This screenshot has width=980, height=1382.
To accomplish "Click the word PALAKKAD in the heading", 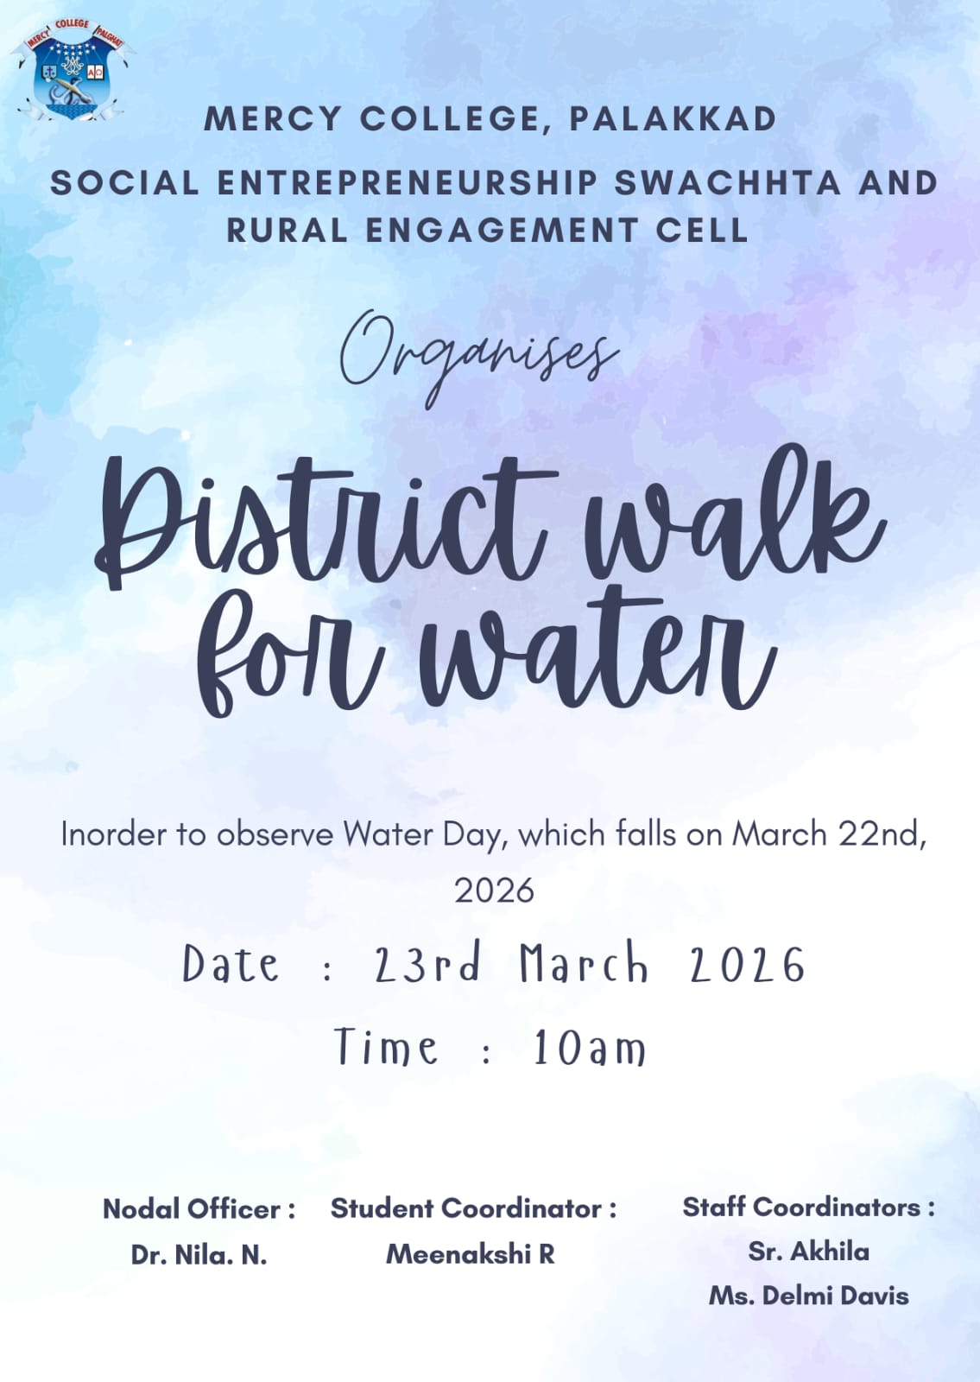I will point(673,119).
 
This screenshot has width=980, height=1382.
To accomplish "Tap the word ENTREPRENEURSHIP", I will point(407,183).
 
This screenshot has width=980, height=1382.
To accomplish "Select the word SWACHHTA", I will point(727,183).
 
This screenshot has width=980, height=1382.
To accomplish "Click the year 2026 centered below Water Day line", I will point(494,890).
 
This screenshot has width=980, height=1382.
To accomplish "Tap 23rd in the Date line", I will point(427,964).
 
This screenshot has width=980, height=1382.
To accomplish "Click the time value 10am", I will point(589,1049).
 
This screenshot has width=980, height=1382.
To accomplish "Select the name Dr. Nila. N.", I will point(199,1254).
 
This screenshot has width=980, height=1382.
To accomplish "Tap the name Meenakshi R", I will point(470,1254).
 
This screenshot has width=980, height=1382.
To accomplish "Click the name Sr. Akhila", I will point(808,1252).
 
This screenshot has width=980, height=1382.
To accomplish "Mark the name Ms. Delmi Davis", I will point(808,1296).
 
